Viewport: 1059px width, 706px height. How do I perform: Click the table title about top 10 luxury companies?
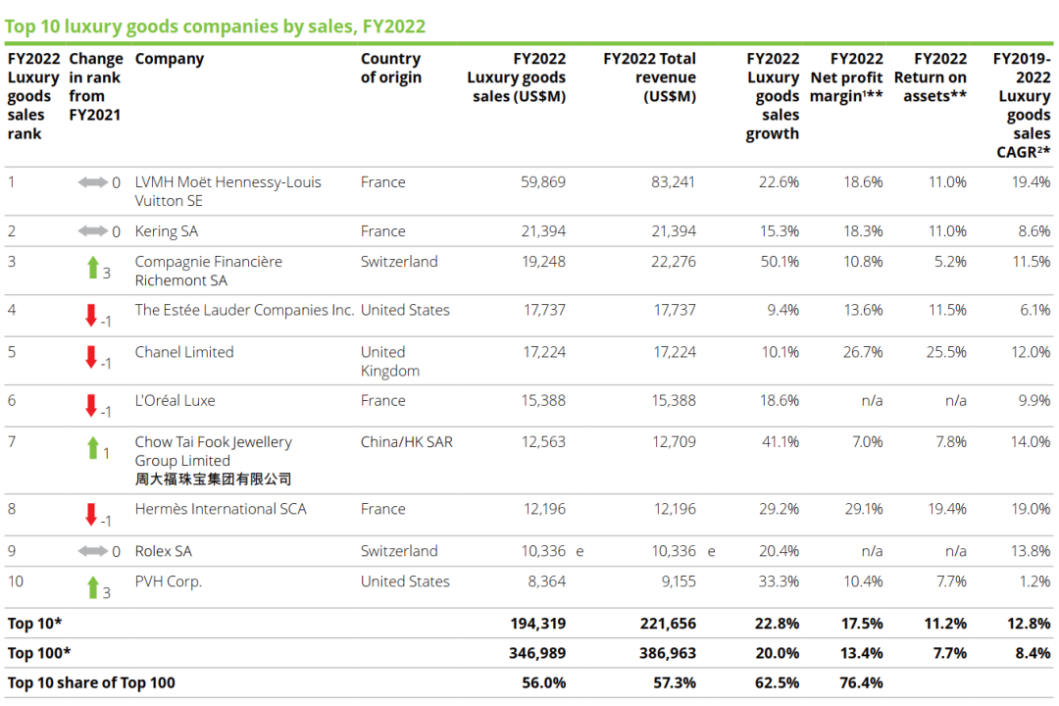coord(215,26)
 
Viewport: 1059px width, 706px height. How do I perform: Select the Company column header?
coord(169,59)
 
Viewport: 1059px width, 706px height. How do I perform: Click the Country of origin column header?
coord(390,68)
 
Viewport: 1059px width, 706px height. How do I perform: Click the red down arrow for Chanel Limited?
coord(91,356)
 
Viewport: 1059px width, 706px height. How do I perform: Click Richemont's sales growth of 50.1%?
coord(779,262)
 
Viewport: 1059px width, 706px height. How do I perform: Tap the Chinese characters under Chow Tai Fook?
coord(213,479)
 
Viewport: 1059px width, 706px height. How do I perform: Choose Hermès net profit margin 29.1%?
coord(863,509)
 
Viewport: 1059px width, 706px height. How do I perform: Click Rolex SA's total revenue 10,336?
coord(672,551)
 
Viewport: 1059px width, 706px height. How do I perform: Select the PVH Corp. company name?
coord(168,581)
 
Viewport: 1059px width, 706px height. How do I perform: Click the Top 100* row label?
coord(39,653)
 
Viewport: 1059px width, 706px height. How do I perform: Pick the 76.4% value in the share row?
coord(862,682)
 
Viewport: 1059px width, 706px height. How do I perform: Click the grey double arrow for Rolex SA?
coord(93,551)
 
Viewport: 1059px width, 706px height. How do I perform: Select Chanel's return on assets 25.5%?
coord(946,352)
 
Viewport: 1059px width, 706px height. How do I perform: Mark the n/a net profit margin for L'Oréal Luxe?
coord(872,400)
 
